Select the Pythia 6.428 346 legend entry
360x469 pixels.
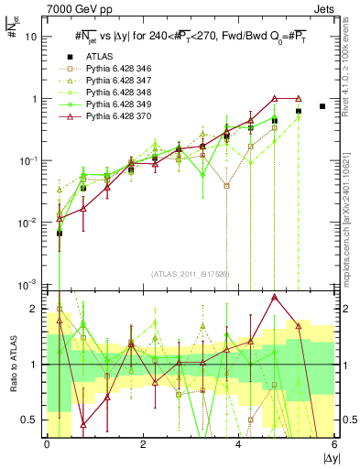point(117,70)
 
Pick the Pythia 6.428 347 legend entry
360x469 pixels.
point(117,82)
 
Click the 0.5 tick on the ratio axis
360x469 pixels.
point(29,420)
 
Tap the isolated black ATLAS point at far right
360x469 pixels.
point(322,106)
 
